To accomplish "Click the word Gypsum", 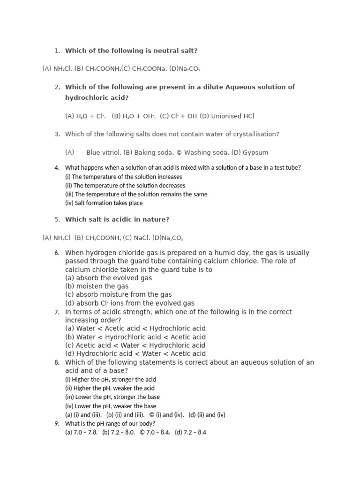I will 256,152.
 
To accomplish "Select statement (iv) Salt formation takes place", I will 104,203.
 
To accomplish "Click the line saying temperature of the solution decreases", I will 125,186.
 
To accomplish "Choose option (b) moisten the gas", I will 97,286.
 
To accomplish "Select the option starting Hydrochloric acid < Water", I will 135,353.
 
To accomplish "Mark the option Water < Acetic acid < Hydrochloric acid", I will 135,328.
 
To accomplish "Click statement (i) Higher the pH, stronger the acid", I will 110,379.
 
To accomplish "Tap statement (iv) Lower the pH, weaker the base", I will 111,406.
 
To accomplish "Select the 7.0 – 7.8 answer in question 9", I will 81,432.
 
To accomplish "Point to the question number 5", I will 57,219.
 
